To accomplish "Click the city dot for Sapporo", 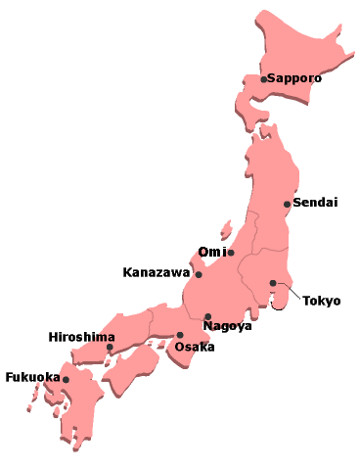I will pos(263,79).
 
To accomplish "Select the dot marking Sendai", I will pos(287,204).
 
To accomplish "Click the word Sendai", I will pos(316,203).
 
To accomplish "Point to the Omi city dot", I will pos(231,253).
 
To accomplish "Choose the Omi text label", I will pos(211,252).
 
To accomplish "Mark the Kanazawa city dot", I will pos(199,274).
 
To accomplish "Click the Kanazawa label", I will pos(157,272).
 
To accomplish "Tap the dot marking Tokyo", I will pos(273,283).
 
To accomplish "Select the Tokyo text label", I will pos(321,301).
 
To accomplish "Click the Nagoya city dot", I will pos(207,316).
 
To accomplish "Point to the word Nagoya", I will pos(227,326).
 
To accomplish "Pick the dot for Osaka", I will pos(179,335).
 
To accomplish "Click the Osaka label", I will pos(193,347).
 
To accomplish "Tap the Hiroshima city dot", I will pos(110,347).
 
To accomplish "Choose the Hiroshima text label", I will pos(81,337).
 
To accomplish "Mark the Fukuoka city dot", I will pos(66,379).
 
